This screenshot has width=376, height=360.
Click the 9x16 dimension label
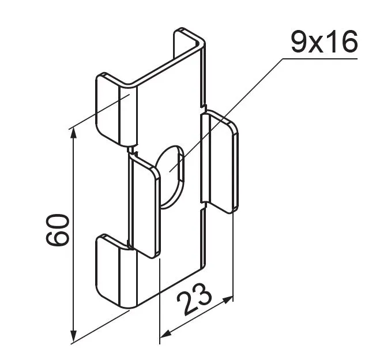[x=324, y=43]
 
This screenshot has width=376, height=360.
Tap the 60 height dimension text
[x=57, y=230]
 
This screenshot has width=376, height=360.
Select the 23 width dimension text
[x=194, y=299]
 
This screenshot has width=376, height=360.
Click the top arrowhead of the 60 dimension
[x=74, y=134]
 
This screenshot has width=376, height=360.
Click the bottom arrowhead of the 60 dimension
[x=74, y=336]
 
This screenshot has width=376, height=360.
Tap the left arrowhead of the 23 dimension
[x=165, y=333]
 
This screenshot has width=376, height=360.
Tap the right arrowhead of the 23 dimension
[x=228, y=300]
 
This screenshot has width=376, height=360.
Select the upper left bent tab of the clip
[x=116, y=110]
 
